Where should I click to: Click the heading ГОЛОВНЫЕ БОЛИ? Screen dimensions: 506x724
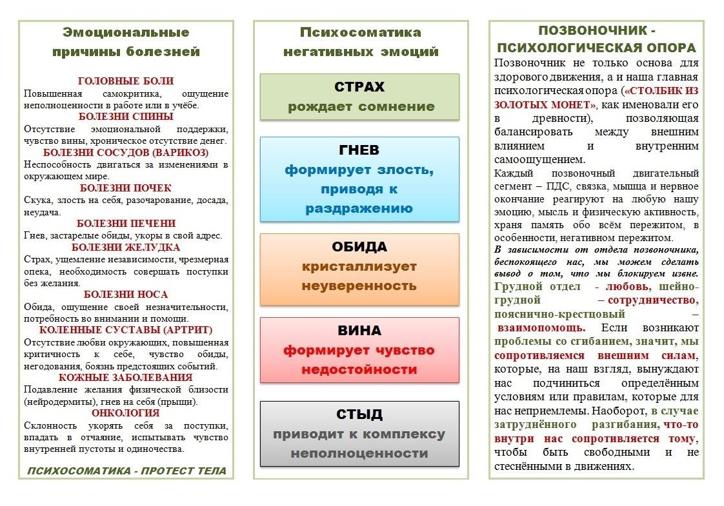click(x=126, y=81)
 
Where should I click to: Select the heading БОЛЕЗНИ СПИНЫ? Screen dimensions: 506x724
click(x=126, y=117)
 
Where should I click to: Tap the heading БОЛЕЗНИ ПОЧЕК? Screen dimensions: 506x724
click(x=126, y=188)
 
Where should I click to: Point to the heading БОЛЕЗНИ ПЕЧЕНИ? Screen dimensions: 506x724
click(x=126, y=224)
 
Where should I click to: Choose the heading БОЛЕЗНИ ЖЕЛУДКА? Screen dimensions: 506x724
click(x=126, y=248)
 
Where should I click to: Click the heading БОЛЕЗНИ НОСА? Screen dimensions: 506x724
click(x=126, y=295)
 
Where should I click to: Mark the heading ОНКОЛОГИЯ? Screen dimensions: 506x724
click(x=126, y=413)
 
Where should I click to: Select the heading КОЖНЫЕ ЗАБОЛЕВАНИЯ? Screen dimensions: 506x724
click(x=126, y=378)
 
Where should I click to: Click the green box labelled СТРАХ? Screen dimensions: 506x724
click(x=360, y=97)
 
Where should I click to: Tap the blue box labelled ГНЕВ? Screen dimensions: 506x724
click(x=360, y=179)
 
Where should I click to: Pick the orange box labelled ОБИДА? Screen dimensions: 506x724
click(x=360, y=269)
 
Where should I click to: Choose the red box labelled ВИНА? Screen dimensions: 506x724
click(x=360, y=350)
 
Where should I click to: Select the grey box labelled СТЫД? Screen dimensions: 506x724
click(x=360, y=433)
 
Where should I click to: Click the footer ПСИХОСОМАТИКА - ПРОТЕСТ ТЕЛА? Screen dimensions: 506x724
click(x=127, y=471)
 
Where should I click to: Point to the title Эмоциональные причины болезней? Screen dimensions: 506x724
click(x=126, y=42)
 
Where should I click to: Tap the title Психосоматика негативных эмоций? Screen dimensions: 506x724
click(x=360, y=42)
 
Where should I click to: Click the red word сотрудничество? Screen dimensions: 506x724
click(x=652, y=300)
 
